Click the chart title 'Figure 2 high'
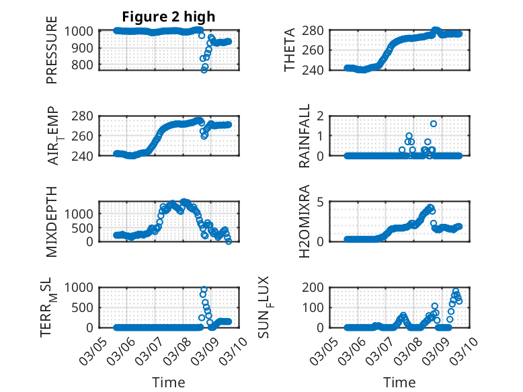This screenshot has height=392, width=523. (x=168, y=17)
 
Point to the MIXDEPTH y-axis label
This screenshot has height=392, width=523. (x=52, y=221)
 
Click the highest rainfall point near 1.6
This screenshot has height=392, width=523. (x=434, y=124)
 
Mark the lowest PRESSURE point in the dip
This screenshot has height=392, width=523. (x=204, y=69)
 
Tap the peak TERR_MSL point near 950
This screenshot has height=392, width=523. (x=204, y=290)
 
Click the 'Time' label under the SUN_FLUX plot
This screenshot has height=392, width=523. (x=399, y=382)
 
